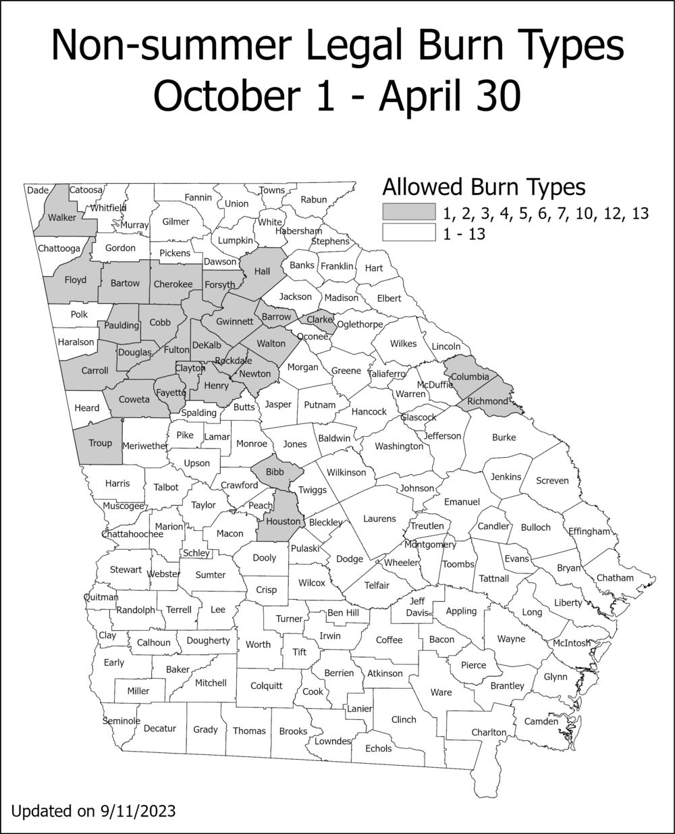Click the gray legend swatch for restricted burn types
click(408, 212)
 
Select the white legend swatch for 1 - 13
click(408, 233)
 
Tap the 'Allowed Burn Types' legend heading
click(483, 186)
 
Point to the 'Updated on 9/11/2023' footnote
click(94, 810)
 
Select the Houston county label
click(283, 521)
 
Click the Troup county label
click(101, 443)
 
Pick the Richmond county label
click(486, 402)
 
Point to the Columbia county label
click(470, 376)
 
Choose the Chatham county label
click(615, 577)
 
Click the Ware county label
click(441, 692)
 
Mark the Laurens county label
click(379, 519)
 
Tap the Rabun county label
click(314, 199)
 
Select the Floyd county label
click(75, 280)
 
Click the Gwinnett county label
click(234, 321)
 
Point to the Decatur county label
click(159, 729)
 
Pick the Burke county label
click(504, 438)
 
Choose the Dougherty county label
click(209, 640)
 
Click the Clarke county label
click(320, 319)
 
